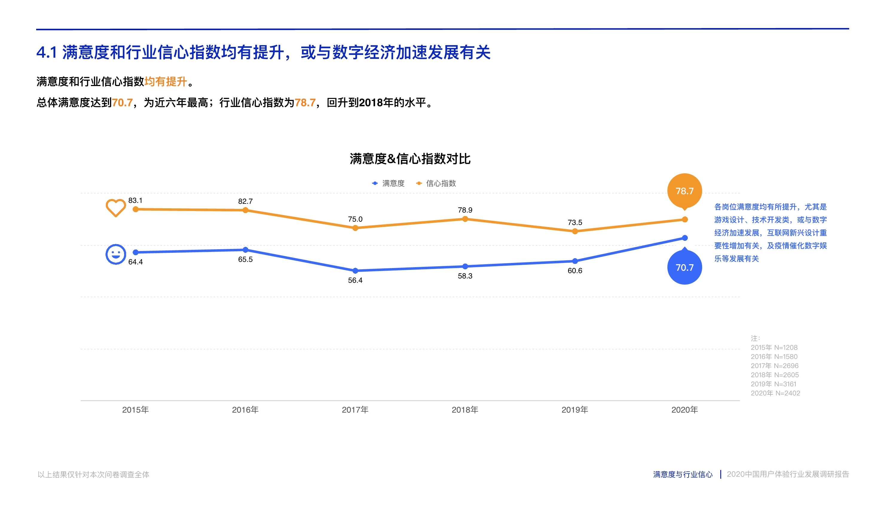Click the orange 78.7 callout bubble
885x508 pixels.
coord(684,191)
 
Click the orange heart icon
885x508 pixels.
coord(115,207)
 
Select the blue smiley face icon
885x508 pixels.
coord(115,254)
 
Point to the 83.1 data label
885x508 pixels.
coord(135,201)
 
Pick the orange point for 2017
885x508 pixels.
coord(355,228)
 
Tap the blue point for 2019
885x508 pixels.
coord(575,261)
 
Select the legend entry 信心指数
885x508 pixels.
coord(436,183)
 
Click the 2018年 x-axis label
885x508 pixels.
coord(465,410)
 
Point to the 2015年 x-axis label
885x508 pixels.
coord(135,410)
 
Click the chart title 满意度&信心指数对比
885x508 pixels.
coord(410,159)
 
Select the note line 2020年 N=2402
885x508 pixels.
coord(775,393)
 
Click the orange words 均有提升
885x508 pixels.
coord(166,82)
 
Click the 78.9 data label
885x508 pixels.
coord(465,210)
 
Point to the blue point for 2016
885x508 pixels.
coord(245,250)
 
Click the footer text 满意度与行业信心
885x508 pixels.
coord(683,474)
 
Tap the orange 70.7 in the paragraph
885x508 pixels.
coord(122,102)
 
